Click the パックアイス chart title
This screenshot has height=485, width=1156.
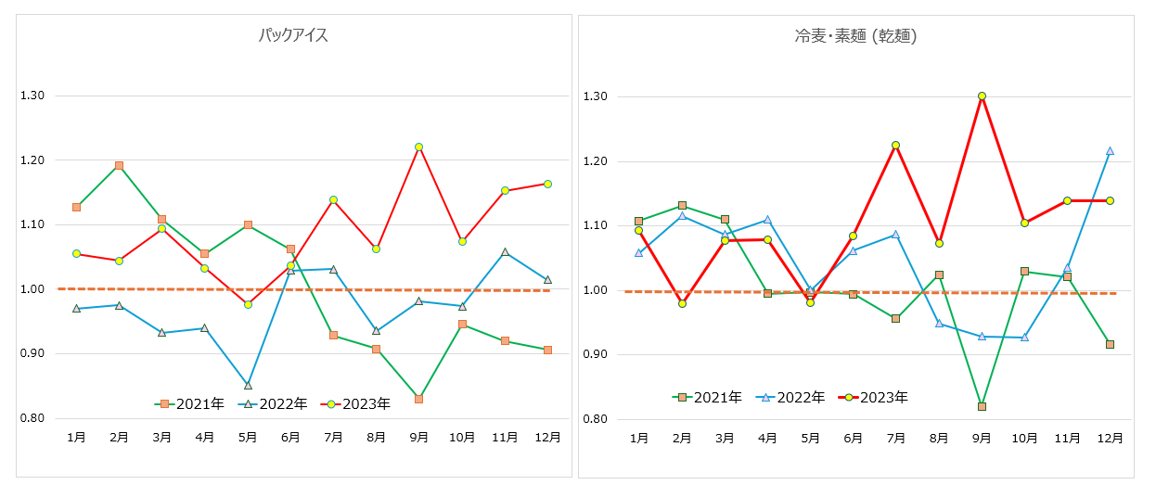point(293,36)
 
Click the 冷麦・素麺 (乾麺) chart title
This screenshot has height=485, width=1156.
point(855,36)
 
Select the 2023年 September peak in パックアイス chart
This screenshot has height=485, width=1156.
point(419,147)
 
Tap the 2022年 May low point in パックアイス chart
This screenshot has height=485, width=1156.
point(248,385)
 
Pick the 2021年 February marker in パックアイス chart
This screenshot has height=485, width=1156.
point(119,165)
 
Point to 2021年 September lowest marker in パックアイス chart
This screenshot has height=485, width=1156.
point(419,399)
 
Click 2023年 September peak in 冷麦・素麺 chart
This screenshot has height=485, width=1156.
point(982,96)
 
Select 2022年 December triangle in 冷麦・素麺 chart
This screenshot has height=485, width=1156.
point(1110,150)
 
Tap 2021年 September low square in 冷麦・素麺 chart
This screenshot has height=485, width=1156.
point(982,406)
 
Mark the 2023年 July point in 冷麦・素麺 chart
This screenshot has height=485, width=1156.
point(895,145)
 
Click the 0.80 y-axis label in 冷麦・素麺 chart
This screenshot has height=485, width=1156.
point(595,419)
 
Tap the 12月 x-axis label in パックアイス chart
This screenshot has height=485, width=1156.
point(547,436)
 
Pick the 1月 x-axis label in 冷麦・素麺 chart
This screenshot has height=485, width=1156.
point(638,437)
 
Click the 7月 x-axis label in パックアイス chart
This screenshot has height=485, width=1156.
point(333,436)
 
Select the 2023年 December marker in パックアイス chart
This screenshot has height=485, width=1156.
point(547,184)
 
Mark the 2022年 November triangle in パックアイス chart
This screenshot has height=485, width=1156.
point(505,251)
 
